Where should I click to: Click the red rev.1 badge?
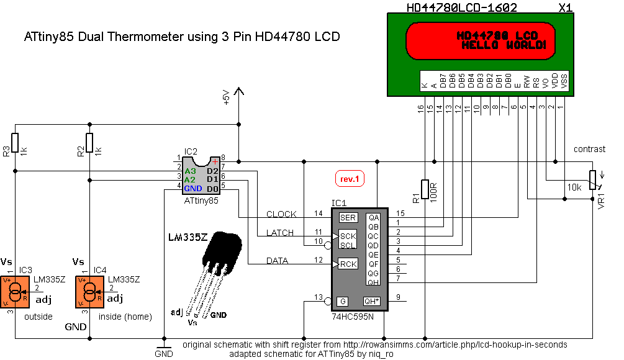(350, 179)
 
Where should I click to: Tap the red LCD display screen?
(479, 41)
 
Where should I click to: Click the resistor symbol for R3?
(16, 143)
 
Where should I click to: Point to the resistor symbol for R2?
(89, 143)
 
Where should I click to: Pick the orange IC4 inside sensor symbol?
(90, 292)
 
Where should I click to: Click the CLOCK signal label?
(281, 214)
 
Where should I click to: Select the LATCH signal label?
(281, 233)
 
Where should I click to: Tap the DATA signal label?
(278, 261)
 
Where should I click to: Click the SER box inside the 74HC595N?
(348, 217)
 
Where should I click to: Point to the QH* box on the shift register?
(372, 301)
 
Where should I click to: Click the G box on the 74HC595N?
(342, 301)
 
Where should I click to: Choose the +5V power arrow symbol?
(238, 93)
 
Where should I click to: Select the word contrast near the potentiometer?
(589, 150)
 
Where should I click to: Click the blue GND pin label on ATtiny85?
(192, 187)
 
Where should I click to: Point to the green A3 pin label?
(190, 170)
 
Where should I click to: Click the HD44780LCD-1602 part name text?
(461, 7)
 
